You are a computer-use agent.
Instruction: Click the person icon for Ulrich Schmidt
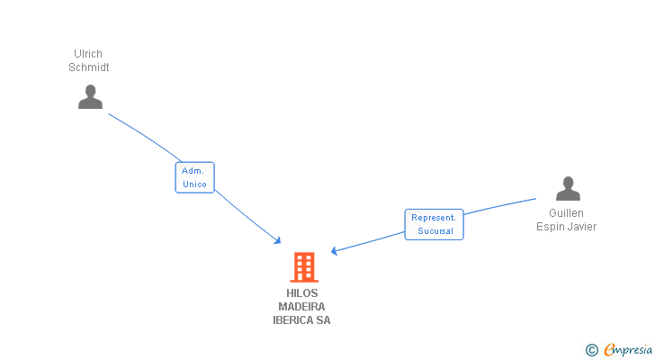(x=90, y=97)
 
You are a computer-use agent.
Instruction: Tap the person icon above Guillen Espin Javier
(x=568, y=189)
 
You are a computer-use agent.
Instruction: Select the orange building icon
(x=304, y=267)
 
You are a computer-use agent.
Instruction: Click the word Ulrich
(x=88, y=54)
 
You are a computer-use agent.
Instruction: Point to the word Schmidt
(x=88, y=67)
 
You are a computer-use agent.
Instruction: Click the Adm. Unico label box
(x=194, y=177)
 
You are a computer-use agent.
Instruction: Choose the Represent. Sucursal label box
(x=434, y=224)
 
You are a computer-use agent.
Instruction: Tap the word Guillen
(x=566, y=213)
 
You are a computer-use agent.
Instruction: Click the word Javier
(x=583, y=227)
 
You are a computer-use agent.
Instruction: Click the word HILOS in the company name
(x=302, y=293)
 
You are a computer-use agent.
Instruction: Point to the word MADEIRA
(x=301, y=307)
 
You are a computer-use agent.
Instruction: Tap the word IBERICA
(x=292, y=319)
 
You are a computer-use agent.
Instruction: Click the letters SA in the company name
(x=323, y=319)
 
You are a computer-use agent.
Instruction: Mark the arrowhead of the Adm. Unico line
(x=277, y=240)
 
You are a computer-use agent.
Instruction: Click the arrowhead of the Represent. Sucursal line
(x=334, y=250)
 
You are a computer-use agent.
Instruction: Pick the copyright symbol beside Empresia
(x=591, y=350)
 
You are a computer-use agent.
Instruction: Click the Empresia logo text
(x=628, y=350)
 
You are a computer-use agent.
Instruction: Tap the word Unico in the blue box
(x=194, y=184)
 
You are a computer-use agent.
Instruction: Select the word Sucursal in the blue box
(x=435, y=231)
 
